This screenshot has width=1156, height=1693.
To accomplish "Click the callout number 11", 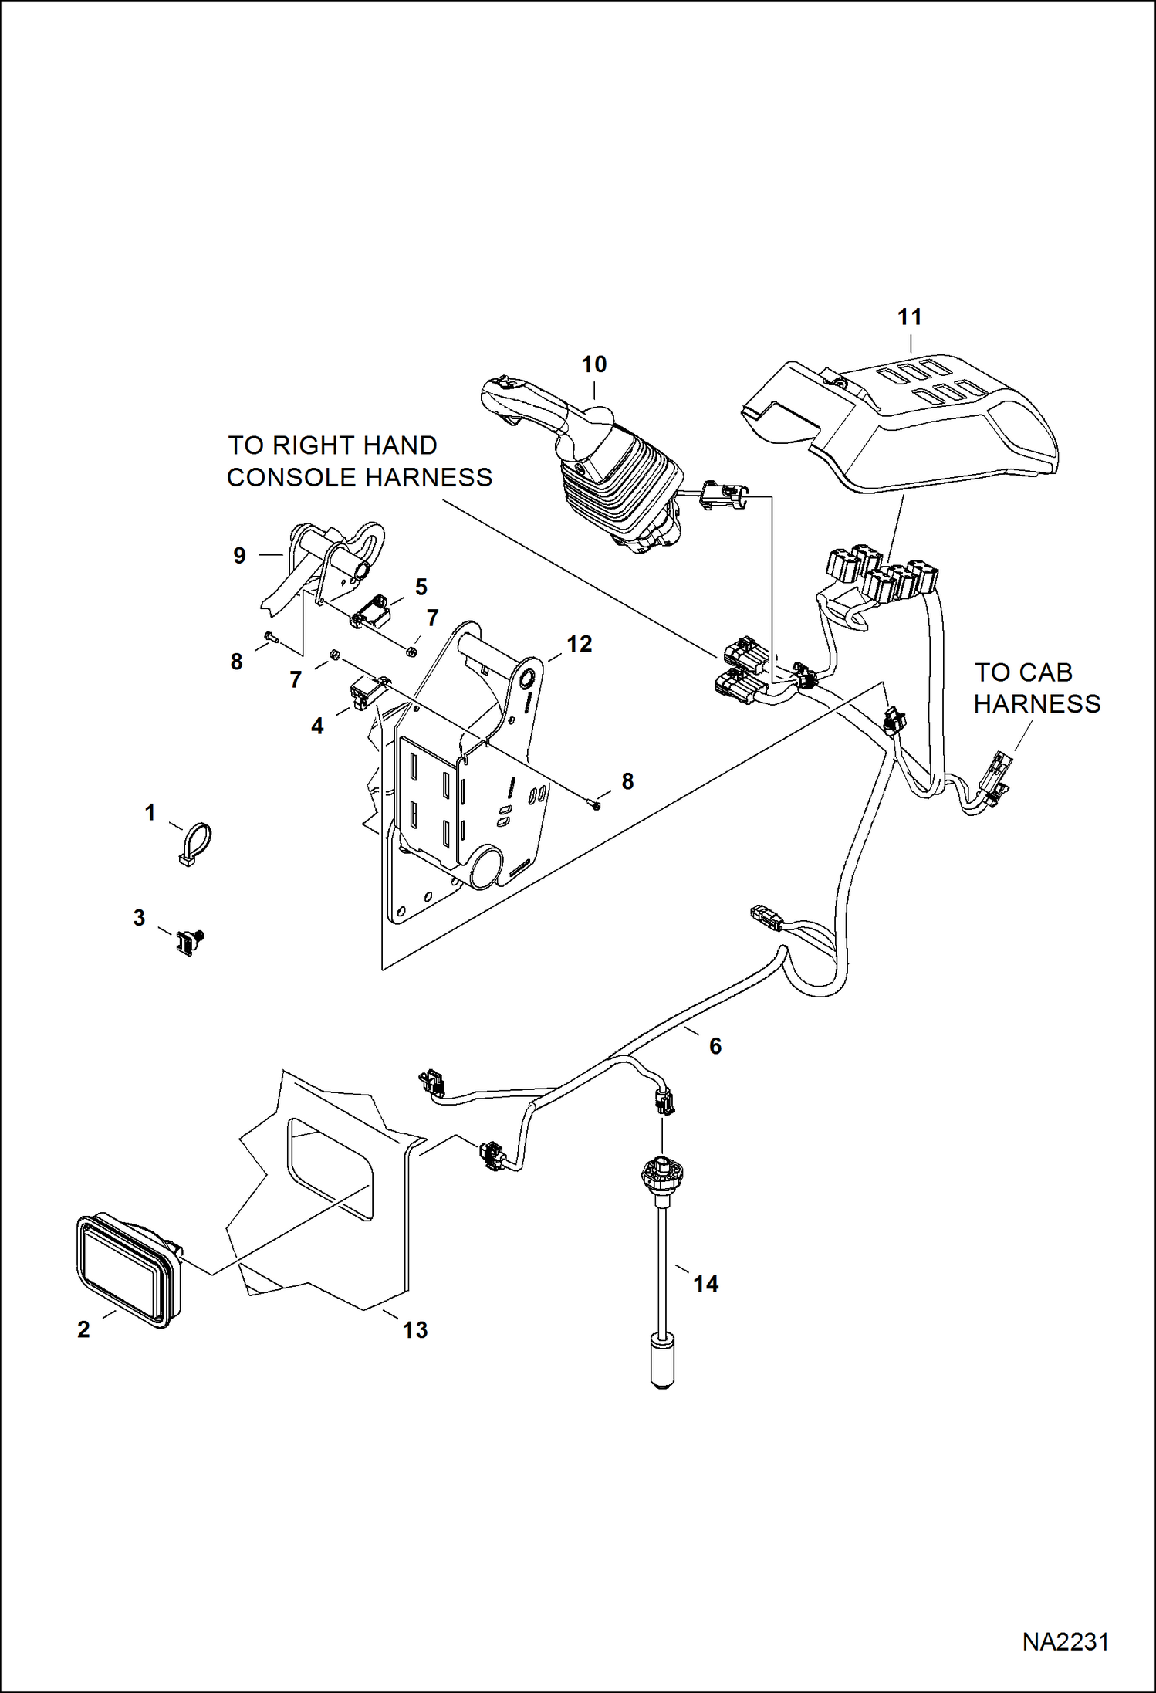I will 910,317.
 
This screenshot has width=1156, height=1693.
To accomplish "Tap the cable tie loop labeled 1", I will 195,843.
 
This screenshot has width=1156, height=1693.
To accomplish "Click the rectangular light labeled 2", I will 127,1271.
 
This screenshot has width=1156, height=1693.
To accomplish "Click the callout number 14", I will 705,1284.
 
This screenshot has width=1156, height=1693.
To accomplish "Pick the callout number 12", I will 579,644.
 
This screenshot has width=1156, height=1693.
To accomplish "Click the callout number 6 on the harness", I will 715,1046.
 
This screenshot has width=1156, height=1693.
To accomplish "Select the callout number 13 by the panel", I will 414,1329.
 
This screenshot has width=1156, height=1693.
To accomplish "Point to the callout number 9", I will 239,555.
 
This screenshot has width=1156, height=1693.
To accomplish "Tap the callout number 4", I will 317,726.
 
